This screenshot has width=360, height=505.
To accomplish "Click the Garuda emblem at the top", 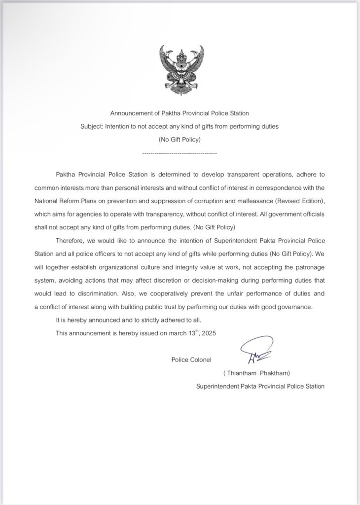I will pyautogui.click(x=181, y=70).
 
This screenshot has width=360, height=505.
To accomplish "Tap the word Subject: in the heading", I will pyautogui.click(x=92, y=126).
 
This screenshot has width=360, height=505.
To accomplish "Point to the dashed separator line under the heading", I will pyautogui.click(x=180, y=153).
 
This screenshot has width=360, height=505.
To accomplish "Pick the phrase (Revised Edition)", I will pyautogui.click(x=299, y=201).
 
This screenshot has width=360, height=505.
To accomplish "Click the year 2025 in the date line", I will pyautogui.click(x=209, y=333).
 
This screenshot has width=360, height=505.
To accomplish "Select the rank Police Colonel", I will pyautogui.click(x=191, y=360).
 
